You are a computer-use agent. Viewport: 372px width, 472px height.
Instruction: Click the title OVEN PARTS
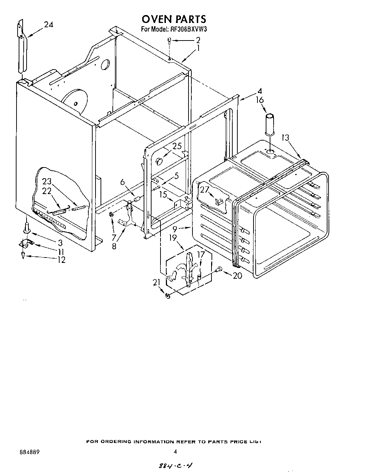click(x=174, y=18)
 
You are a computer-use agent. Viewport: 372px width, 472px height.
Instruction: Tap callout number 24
click(x=48, y=25)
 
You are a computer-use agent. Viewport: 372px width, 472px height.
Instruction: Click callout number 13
click(x=285, y=138)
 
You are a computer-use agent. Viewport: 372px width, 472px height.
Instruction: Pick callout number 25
click(x=177, y=147)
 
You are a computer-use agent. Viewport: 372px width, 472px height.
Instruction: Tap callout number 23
click(x=47, y=181)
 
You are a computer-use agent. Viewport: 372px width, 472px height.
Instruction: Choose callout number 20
click(x=237, y=275)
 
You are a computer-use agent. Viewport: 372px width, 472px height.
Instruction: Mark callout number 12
click(x=61, y=260)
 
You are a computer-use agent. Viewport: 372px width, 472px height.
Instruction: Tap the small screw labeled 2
click(x=169, y=40)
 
